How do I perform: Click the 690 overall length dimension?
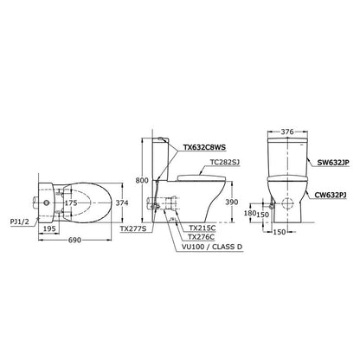coord(74,240)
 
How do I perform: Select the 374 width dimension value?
coord(122,203)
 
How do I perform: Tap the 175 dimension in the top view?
coord(71,203)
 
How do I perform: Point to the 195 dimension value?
coord(49,228)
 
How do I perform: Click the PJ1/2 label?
coord(19,222)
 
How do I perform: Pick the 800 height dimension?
coord(142,181)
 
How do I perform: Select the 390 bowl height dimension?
coord(232,202)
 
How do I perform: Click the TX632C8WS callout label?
coord(205,147)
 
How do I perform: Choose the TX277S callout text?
coord(133,228)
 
